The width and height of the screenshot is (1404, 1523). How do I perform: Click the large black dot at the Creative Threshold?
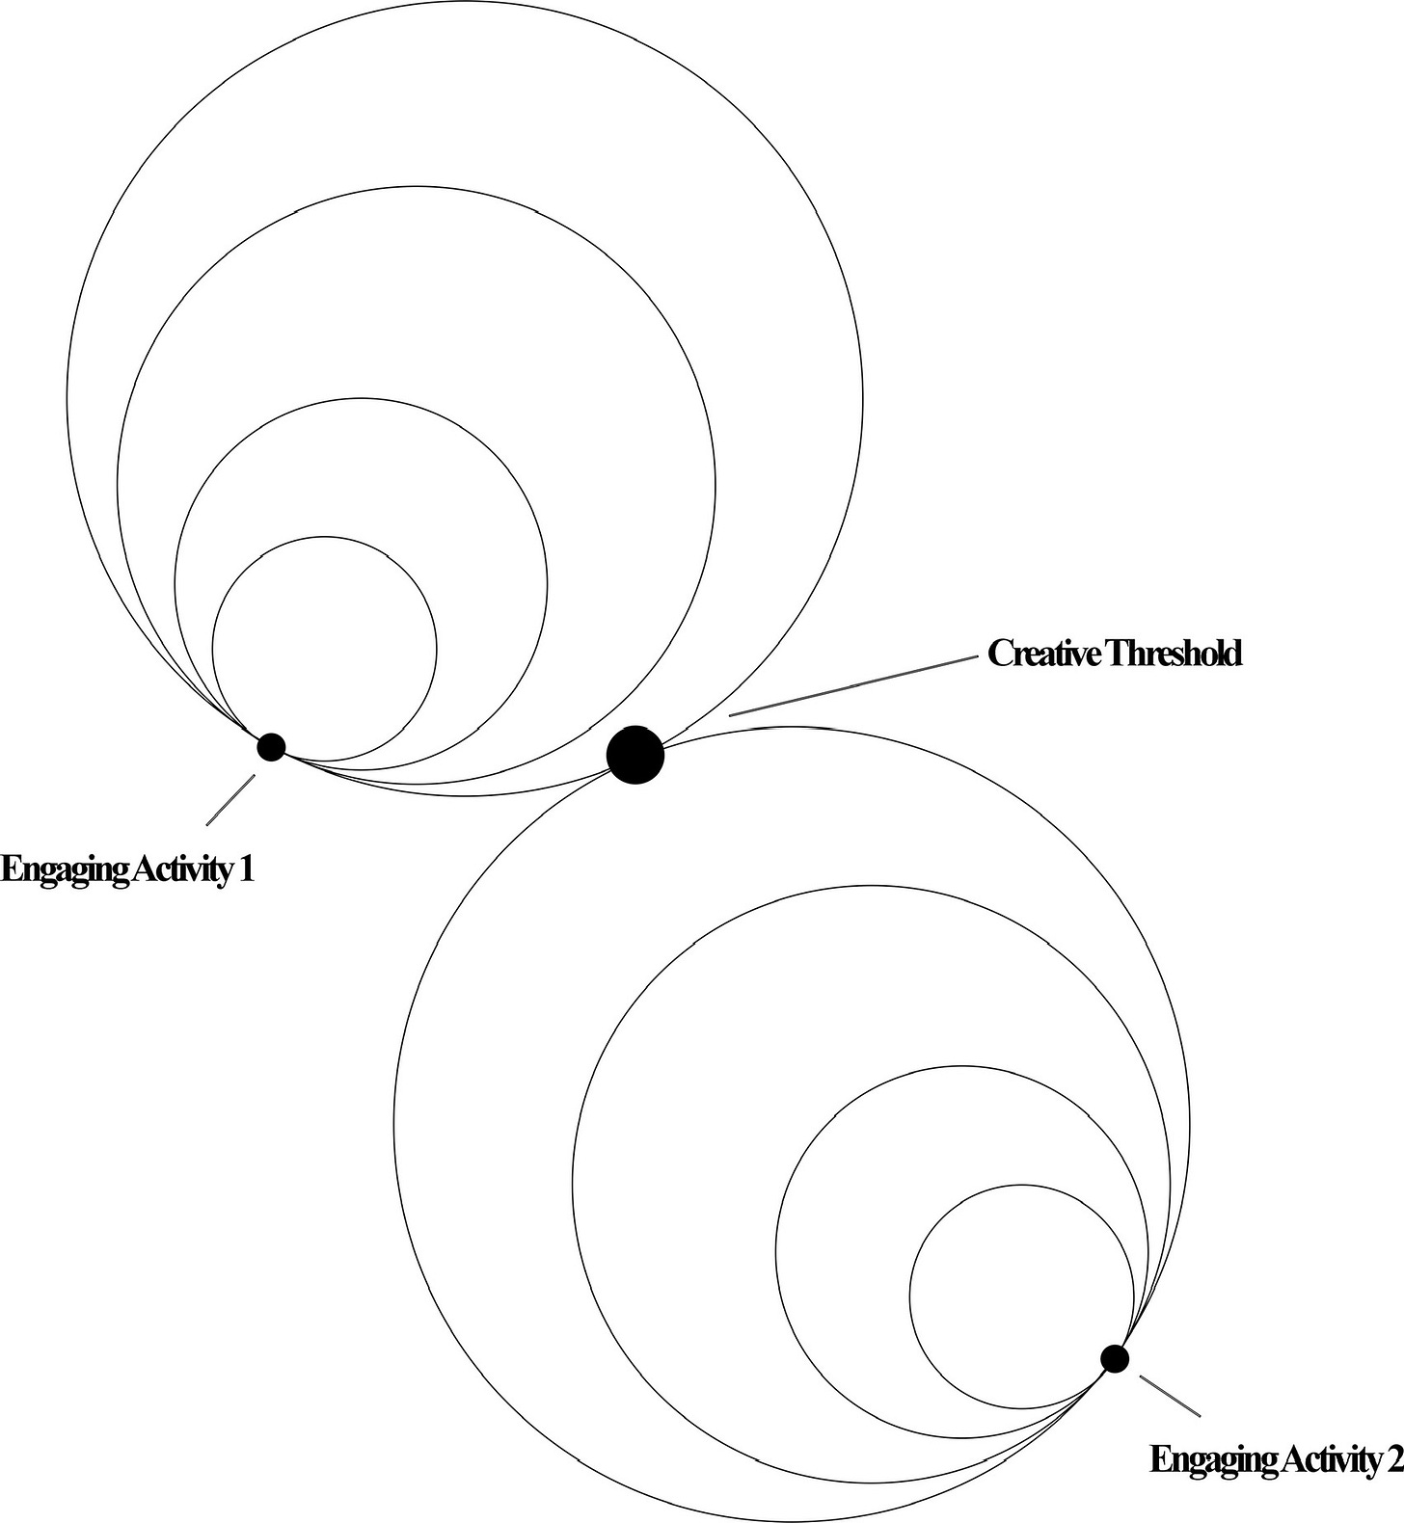click(635, 755)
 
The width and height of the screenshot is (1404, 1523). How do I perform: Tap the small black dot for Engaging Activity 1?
click(272, 746)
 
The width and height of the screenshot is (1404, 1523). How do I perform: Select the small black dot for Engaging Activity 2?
click(1115, 1358)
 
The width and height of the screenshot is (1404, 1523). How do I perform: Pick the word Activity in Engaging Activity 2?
click(1330, 1459)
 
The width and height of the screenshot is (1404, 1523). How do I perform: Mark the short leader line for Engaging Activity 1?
click(230, 800)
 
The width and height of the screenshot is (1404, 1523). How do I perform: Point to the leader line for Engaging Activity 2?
click(1171, 1396)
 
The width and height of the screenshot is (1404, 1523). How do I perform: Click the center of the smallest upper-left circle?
click(324, 648)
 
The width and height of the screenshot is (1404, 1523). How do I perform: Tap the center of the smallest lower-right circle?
click(1022, 1296)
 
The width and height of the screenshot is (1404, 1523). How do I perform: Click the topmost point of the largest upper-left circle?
click(465, 2)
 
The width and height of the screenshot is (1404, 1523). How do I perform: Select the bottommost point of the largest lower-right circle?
click(791, 1519)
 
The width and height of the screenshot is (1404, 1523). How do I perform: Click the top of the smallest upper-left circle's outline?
click(324, 536)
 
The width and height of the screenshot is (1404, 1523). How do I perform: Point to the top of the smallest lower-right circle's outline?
click(1022, 1184)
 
